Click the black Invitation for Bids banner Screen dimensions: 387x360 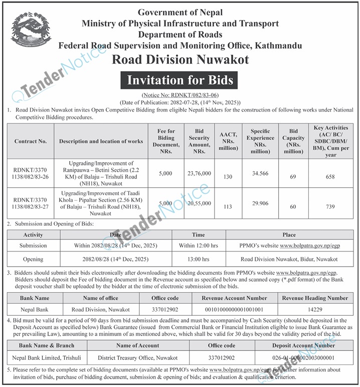point(180,80)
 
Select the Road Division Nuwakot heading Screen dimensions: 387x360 point(180,60)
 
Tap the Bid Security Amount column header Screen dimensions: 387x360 point(199,142)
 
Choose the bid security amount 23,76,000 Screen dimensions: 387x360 point(199,173)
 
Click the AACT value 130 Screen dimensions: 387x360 point(227,177)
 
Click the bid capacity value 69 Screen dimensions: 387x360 point(293,177)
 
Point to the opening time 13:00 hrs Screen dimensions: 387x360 point(198,260)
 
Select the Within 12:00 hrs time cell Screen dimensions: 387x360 point(198,246)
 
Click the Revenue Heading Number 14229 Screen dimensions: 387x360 point(315,310)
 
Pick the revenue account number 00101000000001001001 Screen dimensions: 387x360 point(235,310)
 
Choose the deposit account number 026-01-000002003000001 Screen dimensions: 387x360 point(304,358)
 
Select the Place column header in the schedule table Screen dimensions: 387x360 point(289,234)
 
